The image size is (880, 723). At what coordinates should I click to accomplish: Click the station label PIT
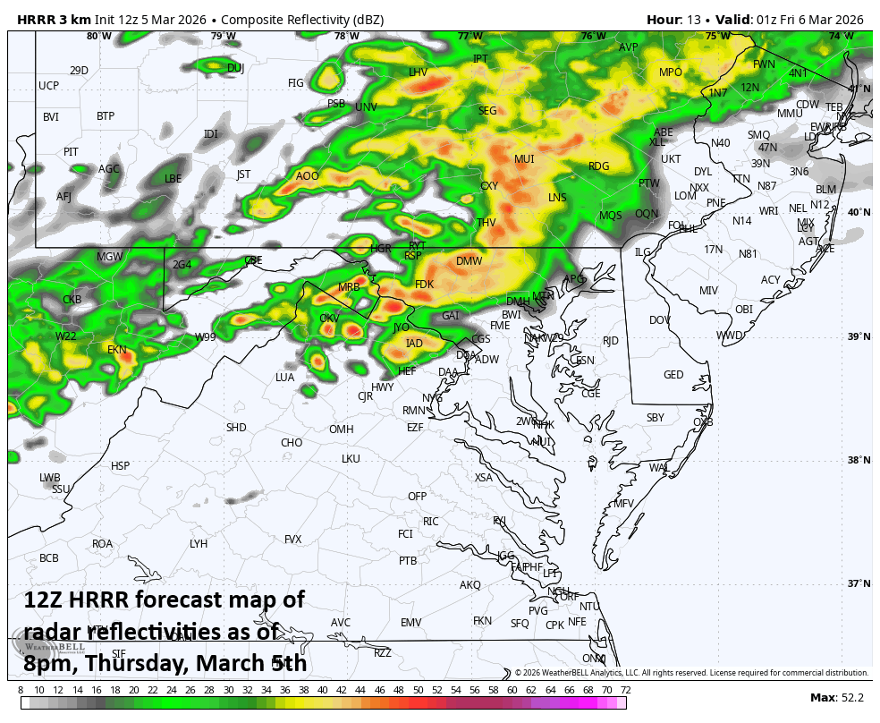point(71,152)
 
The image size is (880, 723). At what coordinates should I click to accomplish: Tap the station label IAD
point(414,344)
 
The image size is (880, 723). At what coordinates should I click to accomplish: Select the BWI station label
point(511,315)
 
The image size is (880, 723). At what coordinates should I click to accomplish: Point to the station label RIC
point(430,522)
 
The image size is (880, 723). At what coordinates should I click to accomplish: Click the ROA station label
point(102,544)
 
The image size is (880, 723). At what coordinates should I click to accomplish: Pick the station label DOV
point(659,320)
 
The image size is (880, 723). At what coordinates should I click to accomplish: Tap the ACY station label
point(770,280)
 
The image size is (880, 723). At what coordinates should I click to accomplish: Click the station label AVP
point(629,47)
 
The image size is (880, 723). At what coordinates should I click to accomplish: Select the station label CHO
point(292,443)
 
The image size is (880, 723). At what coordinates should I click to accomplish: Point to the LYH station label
point(199,544)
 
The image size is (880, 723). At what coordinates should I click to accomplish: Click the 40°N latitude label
point(858,213)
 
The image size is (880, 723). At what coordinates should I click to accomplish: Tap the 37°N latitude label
point(858,583)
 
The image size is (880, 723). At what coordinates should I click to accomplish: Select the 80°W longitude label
point(99,37)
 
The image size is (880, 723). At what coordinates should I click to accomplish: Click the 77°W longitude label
point(470,37)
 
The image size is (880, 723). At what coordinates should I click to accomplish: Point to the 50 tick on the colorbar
point(418,690)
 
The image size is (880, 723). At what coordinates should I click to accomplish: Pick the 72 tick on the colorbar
point(625,690)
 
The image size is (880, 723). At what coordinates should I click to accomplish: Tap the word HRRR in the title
point(38,19)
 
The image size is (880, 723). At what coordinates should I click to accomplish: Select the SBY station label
point(656,418)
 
